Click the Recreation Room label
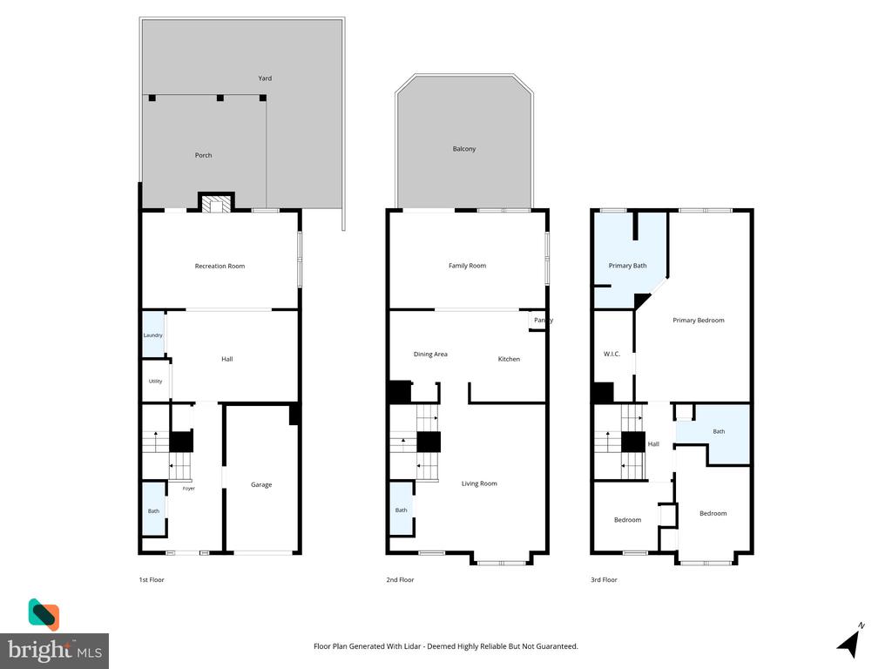(x=220, y=266)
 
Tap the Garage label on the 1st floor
(x=261, y=484)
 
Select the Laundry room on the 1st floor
(x=153, y=335)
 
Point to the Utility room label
(x=155, y=382)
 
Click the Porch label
(x=203, y=155)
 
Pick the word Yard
(x=265, y=78)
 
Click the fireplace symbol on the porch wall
(x=216, y=204)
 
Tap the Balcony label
(x=464, y=148)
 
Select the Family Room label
(x=467, y=266)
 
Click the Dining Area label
(x=430, y=354)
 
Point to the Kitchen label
(x=509, y=359)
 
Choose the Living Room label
(x=479, y=483)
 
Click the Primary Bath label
(x=627, y=266)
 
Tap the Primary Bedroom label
(x=699, y=321)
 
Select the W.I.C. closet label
(x=612, y=354)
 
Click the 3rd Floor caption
(x=604, y=579)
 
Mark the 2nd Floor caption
(x=400, y=579)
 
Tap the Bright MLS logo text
(x=55, y=650)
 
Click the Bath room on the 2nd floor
(x=402, y=509)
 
